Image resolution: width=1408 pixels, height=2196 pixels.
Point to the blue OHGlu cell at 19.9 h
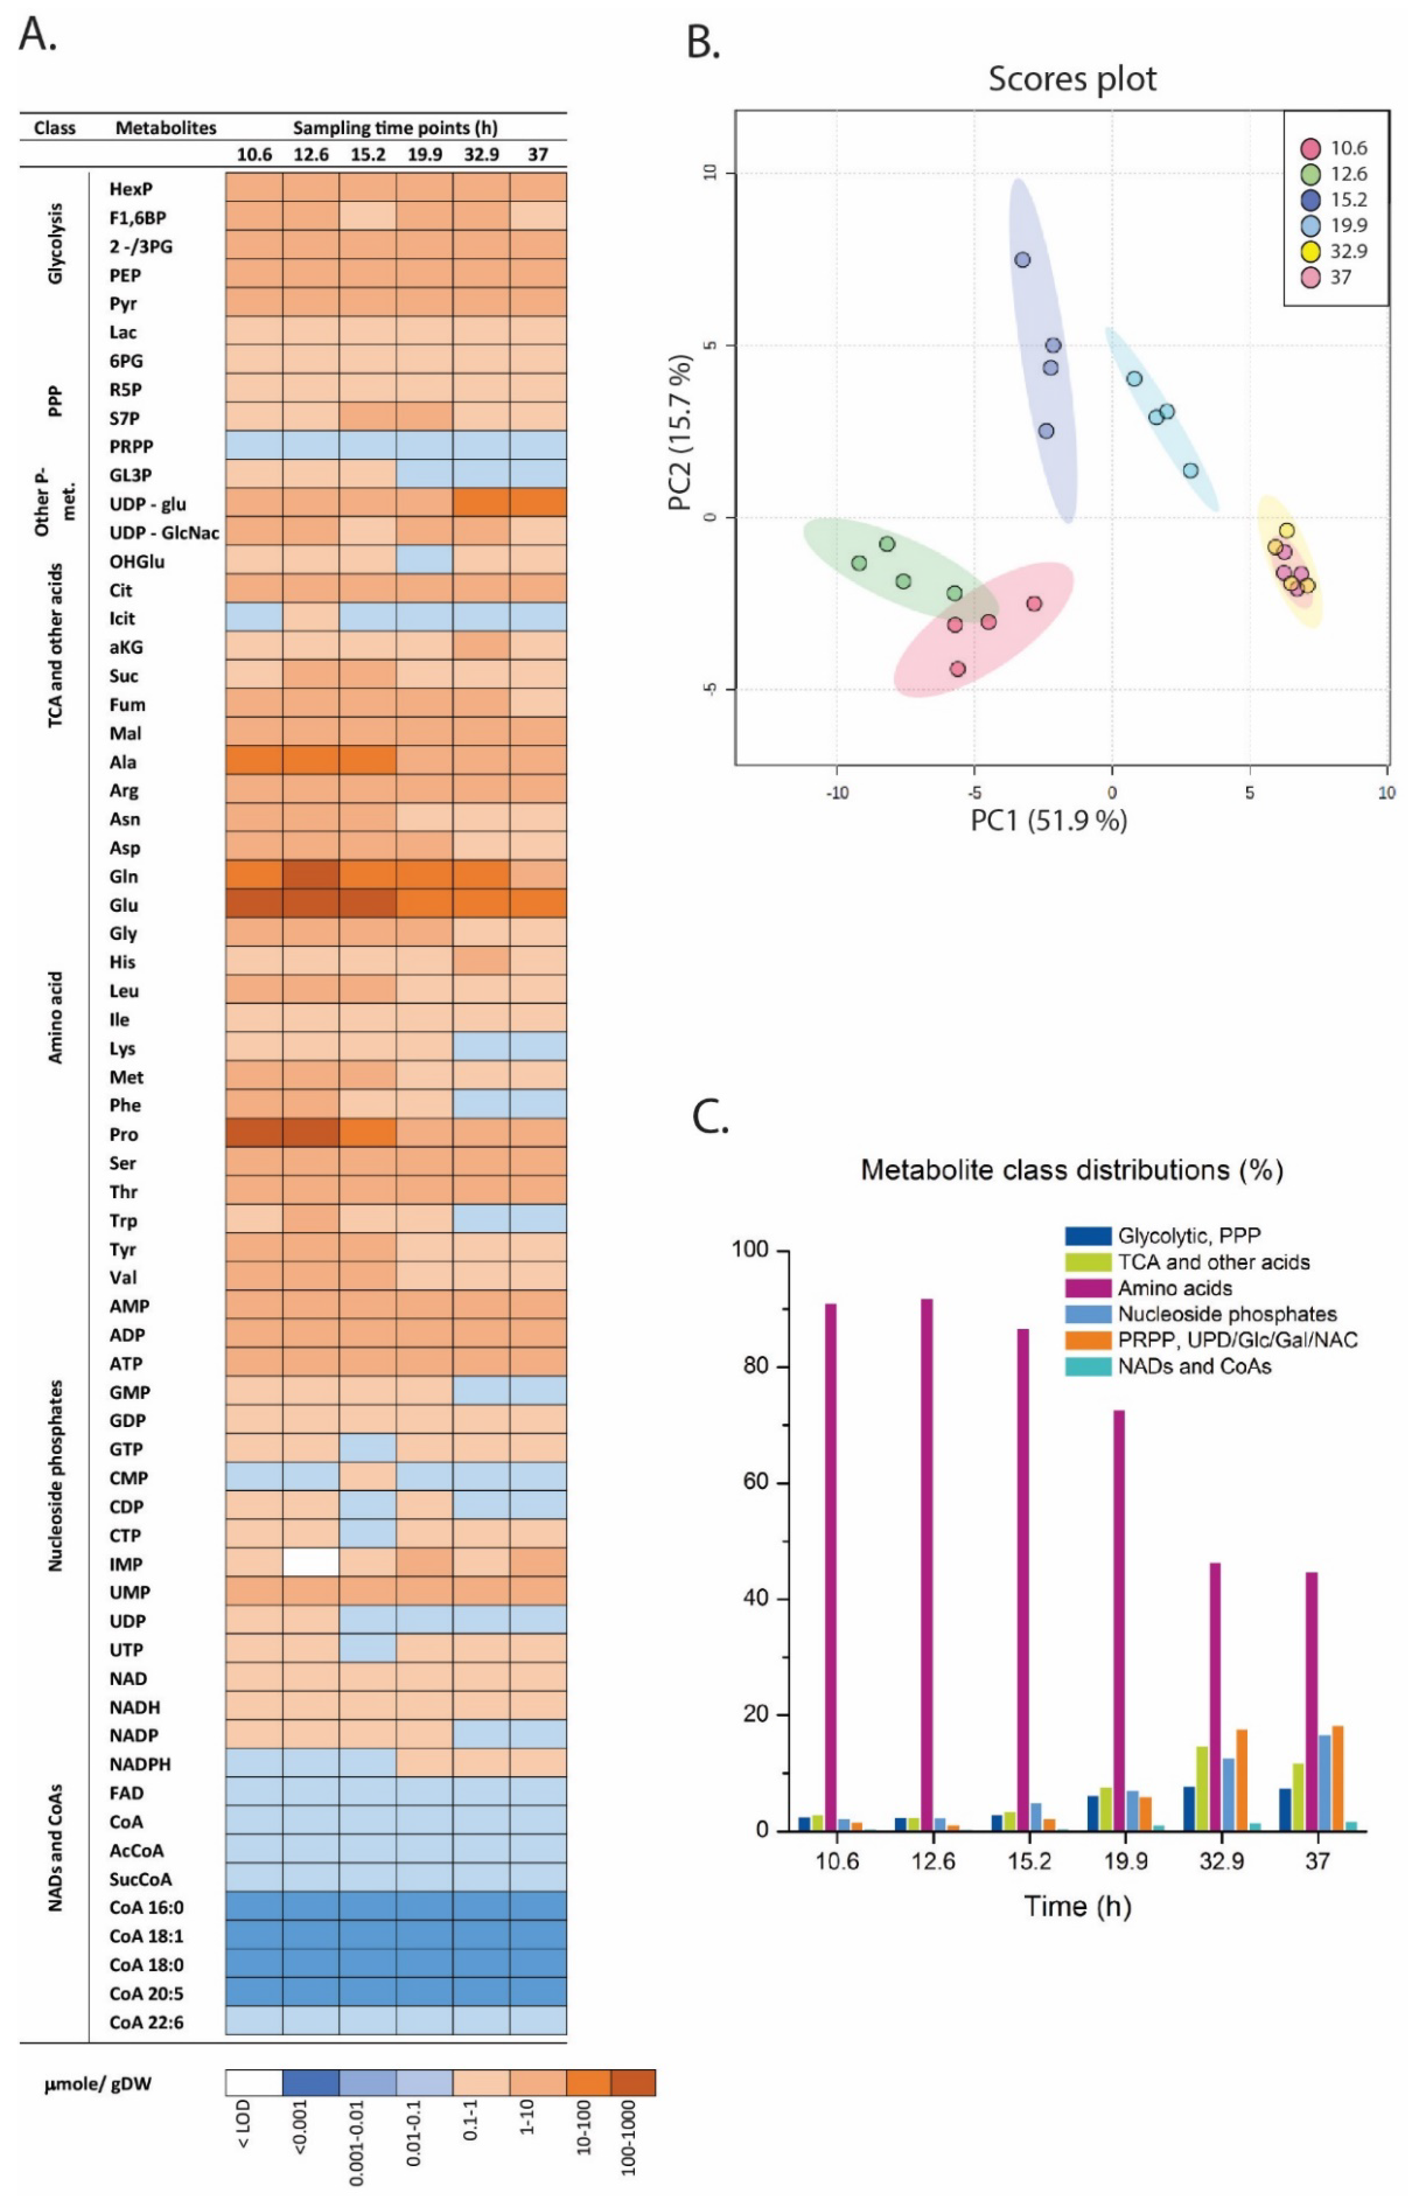(x=424, y=561)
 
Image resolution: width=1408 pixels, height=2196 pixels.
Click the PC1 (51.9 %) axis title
(x=1049, y=820)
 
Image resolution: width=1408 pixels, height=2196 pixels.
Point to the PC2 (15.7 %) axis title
(x=681, y=432)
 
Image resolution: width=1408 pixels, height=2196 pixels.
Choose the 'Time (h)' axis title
(x=1077, y=1906)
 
